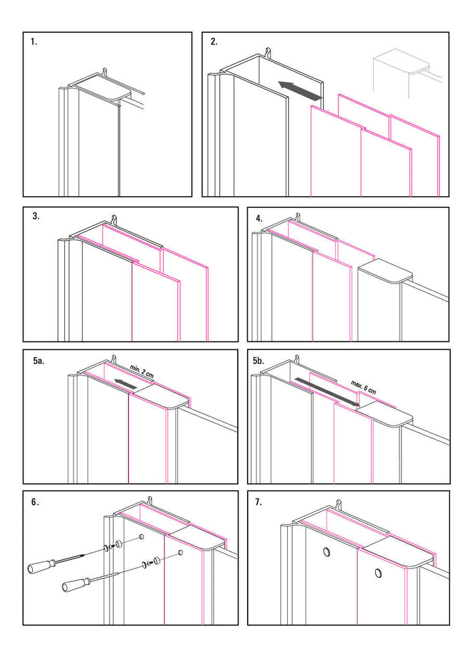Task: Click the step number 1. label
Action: point(34,41)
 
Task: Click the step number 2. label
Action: point(214,41)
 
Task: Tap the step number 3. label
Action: point(35,216)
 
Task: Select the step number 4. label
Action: point(259,218)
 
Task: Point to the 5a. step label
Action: point(39,361)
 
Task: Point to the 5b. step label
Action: point(258,361)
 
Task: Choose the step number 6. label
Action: point(35,502)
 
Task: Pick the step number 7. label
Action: point(258,502)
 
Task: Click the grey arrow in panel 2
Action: point(300,91)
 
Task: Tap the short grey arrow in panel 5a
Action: point(125,383)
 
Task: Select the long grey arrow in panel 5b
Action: point(326,393)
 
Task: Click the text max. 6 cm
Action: point(363,387)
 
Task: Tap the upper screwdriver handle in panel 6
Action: point(41,566)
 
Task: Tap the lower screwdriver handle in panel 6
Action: point(76,584)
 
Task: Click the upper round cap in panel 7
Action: point(327,551)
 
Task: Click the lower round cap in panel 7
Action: point(378,573)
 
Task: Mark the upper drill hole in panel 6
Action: point(141,537)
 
